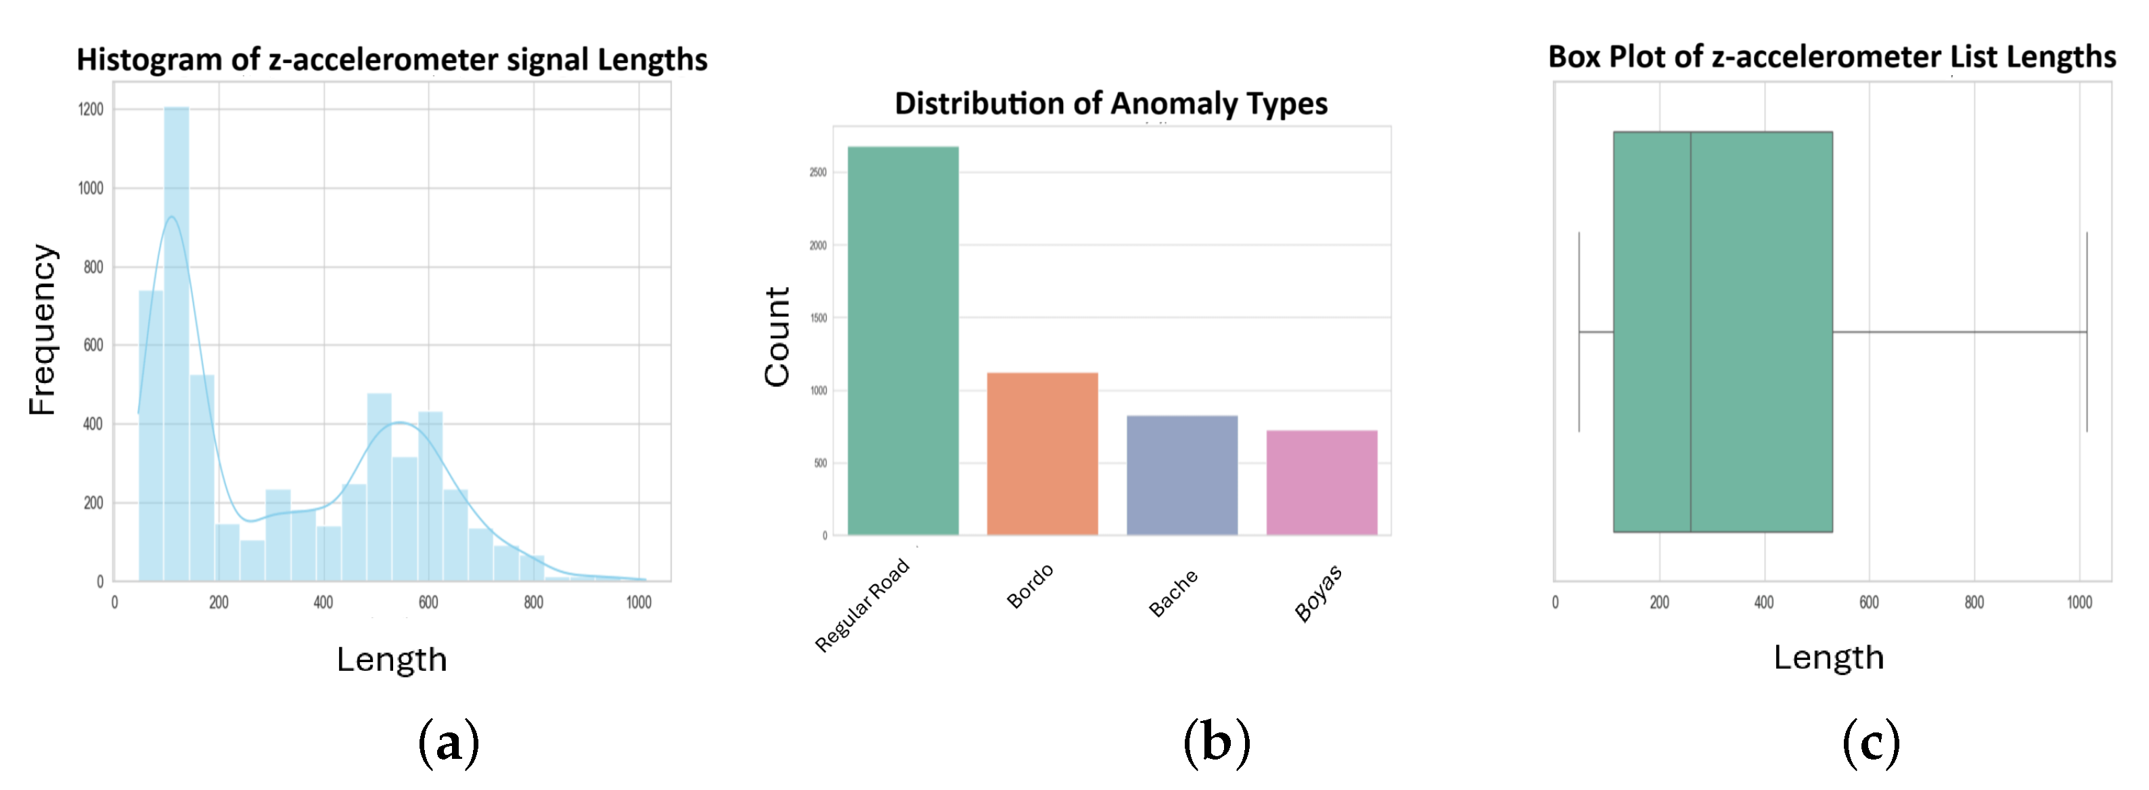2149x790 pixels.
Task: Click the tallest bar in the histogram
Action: coord(176,343)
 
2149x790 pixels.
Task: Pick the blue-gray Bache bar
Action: coord(1181,475)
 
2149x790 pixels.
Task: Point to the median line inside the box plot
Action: coord(1690,331)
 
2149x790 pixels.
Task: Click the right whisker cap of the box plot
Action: coord(2087,331)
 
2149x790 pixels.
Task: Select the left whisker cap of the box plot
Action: coord(1579,331)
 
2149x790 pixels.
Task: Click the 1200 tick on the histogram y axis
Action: coord(91,109)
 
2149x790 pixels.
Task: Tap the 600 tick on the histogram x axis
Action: coord(428,602)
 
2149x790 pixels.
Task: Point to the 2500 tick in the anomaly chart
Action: coord(817,173)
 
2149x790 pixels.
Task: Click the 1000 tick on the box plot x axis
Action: coord(2079,602)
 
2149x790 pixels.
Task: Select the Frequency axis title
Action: coord(42,330)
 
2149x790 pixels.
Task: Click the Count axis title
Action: coord(777,336)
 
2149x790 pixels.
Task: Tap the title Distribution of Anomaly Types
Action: coord(1110,104)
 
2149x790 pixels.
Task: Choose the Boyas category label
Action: coord(1318,592)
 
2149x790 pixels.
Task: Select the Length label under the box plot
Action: coord(1828,657)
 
